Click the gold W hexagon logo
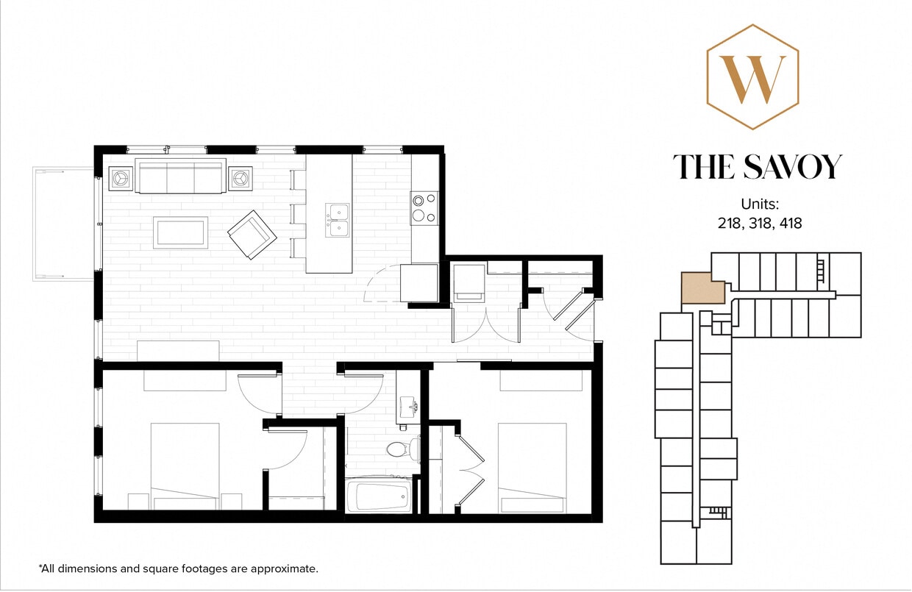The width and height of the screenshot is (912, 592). (x=752, y=77)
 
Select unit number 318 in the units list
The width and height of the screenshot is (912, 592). (x=760, y=223)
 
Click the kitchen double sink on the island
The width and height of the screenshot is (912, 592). (x=338, y=220)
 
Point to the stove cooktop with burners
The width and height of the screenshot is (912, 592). (x=424, y=207)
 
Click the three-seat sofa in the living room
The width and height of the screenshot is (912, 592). (x=180, y=176)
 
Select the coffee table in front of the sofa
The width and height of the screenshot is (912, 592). (x=180, y=232)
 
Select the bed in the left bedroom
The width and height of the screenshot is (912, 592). (x=185, y=465)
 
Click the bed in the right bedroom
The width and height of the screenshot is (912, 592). (x=532, y=466)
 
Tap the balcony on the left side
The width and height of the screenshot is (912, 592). (x=63, y=224)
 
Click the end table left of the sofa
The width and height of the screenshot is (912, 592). (x=121, y=178)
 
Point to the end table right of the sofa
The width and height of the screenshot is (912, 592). (x=240, y=178)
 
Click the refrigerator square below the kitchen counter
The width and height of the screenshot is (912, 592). (x=419, y=282)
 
